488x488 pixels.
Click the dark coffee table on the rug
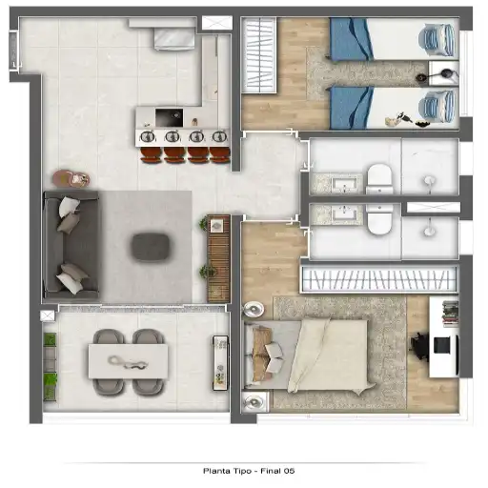coord(151,248)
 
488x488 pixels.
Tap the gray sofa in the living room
coord(71,245)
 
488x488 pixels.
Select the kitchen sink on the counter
coord(169,117)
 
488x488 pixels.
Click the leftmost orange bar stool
coord(152,155)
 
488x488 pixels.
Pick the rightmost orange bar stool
coord(220,155)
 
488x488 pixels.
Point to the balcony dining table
coord(128,361)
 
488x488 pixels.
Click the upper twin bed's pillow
coord(437,40)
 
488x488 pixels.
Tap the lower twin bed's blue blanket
coord(351,108)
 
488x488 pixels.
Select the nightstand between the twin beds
coord(443,73)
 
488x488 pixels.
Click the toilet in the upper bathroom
coord(379,179)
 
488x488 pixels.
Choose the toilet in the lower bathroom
coord(379,219)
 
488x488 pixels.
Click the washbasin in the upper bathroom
coord(345,185)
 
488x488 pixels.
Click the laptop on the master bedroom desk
coord(443,345)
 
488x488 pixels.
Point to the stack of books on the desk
coord(450,314)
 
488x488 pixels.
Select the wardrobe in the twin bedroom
coord(259,54)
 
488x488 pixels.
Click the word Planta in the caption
coord(213,471)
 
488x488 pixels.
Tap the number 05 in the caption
coord(290,471)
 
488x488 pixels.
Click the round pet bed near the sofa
coord(71,178)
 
